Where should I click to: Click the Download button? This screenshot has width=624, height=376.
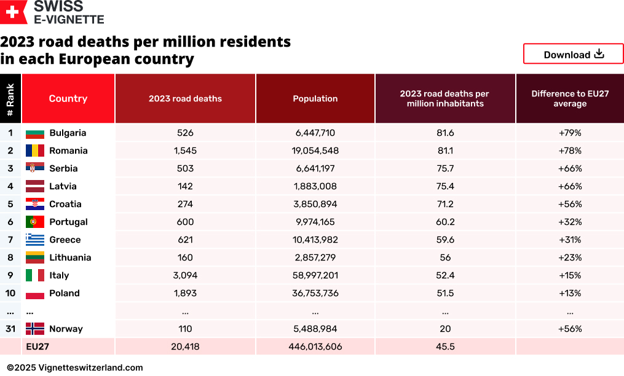573,54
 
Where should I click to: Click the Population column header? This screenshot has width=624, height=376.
315,98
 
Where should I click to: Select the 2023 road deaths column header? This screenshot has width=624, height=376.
185,98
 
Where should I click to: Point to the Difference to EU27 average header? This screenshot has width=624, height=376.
569,98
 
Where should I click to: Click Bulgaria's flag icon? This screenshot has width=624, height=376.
35,133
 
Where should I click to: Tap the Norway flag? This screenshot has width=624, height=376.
35,329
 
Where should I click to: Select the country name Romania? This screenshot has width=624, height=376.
68,151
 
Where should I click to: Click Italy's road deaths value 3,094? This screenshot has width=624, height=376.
185,275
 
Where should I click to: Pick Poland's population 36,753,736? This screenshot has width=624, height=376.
315,293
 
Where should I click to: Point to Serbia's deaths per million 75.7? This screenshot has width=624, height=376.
445,168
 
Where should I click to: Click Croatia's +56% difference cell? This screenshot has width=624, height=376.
569,204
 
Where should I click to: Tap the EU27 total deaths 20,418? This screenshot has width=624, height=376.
185,347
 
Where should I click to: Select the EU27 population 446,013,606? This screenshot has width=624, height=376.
315,347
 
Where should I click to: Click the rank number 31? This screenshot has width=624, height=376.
10,329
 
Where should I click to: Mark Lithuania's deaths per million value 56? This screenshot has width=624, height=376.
445,257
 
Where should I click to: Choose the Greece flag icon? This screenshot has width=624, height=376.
35,240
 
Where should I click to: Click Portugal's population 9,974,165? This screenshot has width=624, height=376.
315,222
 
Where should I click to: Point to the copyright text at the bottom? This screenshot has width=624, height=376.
75,367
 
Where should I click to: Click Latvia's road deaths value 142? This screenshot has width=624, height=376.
185,186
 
